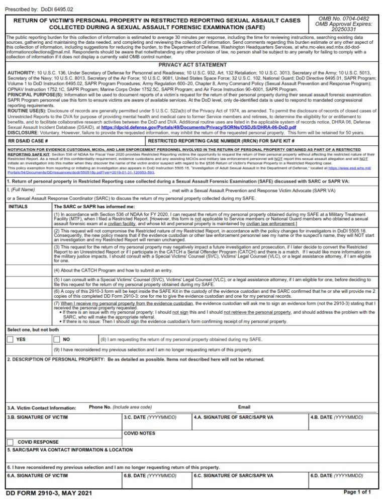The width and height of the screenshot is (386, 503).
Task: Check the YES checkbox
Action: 10,340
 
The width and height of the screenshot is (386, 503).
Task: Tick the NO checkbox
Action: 57,340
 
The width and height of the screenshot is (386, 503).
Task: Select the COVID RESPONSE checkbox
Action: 10,442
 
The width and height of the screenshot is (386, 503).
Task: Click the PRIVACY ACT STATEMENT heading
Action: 192,65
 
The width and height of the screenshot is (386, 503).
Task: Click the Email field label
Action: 244,407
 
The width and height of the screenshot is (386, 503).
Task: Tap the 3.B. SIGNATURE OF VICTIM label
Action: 38,417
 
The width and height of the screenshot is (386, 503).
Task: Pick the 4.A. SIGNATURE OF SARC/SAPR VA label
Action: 233,417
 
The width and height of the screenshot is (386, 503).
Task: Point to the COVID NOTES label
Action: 140,433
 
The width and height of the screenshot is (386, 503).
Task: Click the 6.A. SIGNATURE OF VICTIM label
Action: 38,475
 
